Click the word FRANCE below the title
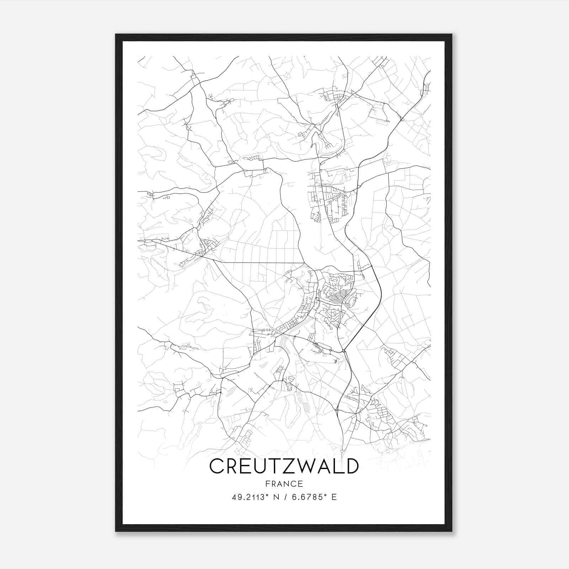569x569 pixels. pos(284,484)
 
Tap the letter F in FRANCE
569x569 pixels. pos(267,484)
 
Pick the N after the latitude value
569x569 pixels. pos(275,497)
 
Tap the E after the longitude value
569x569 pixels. pos(334,497)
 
